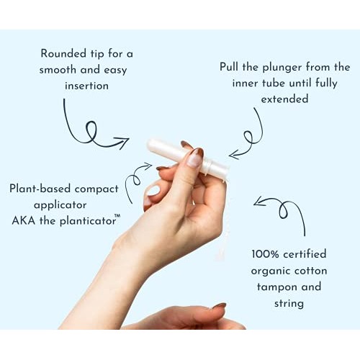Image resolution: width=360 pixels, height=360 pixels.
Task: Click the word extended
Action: (284, 99)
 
